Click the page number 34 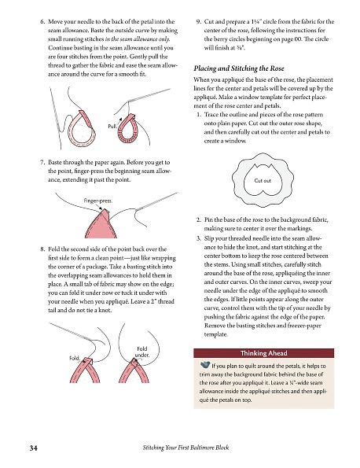click(x=33, y=448)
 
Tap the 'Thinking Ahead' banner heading click(x=263, y=353)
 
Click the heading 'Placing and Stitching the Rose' click(x=239, y=68)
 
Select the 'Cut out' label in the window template click(x=263, y=180)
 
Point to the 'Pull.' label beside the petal click(x=112, y=127)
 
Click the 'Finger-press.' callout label click(x=97, y=201)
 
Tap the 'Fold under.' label click(x=142, y=352)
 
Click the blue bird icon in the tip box click(x=205, y=364)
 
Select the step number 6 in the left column click(x=42, y=21)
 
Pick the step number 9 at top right click(x=199, y=21)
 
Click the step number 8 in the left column click(x=42, y=249)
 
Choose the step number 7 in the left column click(x=42, y=162)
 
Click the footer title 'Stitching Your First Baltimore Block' click(x=186, y=448)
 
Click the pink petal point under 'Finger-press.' click(x=101, y=224)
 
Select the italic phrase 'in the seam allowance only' click(x=138, y=39)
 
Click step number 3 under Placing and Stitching click(x=199, y=238)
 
